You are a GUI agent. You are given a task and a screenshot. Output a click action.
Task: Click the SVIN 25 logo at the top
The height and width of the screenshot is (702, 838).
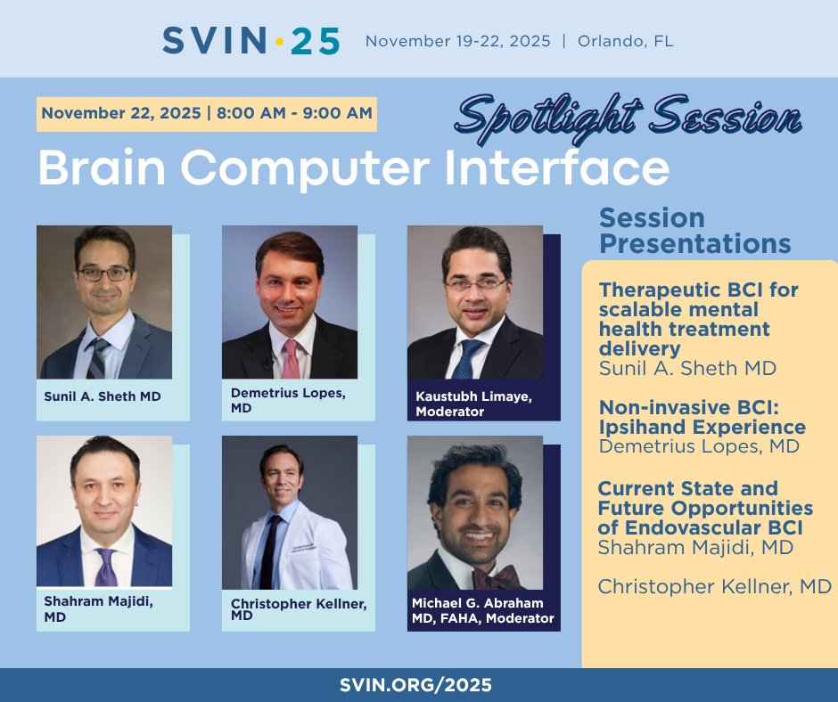pyautogui.click(x=251, y=41)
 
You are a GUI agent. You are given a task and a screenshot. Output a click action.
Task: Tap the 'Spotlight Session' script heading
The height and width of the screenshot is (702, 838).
pyautogui.click(x=629, y=117)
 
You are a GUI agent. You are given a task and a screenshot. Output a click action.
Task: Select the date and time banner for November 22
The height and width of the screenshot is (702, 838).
pyautogui.click(x=207, y=113)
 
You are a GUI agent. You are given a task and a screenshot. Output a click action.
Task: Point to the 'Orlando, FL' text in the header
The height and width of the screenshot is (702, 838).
pyautogui.click(x=625, y=42)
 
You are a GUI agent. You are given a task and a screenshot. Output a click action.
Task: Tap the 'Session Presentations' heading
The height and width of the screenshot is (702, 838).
pyautogui.click(x=694, y=231)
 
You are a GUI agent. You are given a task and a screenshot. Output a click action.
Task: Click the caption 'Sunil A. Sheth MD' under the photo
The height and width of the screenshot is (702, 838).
pyautogui.click(x=103, y=396)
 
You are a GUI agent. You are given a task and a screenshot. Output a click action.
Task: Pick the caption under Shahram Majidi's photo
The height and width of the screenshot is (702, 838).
pyautogui.click(x=98, y=608)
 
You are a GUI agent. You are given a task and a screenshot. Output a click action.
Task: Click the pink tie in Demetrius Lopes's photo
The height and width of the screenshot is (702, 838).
pyautogui.click(x=291, y=358)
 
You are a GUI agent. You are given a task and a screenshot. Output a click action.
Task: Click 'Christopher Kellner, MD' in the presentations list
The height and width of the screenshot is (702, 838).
pyautogui.click(x=714, y=586)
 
